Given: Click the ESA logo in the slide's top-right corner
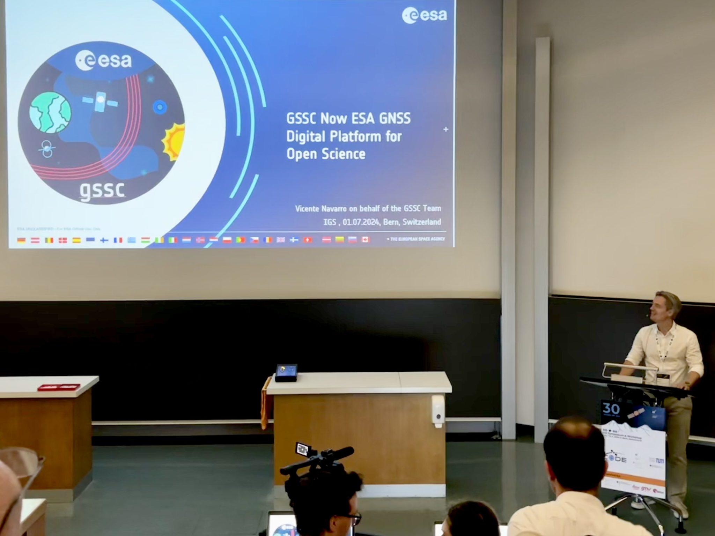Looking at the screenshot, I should (424, 15).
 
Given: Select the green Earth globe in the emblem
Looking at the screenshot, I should (50, 112).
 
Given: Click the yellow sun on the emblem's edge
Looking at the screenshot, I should (174, 141).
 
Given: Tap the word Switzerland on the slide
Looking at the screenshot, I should (422, 222).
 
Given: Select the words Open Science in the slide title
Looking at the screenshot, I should (326, 154).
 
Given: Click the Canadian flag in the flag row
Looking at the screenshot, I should (366, 240).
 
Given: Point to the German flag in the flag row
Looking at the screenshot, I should (21, 240).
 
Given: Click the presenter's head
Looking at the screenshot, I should (666, 307).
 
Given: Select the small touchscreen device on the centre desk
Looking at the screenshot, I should (286, 373).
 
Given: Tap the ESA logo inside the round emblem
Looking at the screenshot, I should (103, 60).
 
